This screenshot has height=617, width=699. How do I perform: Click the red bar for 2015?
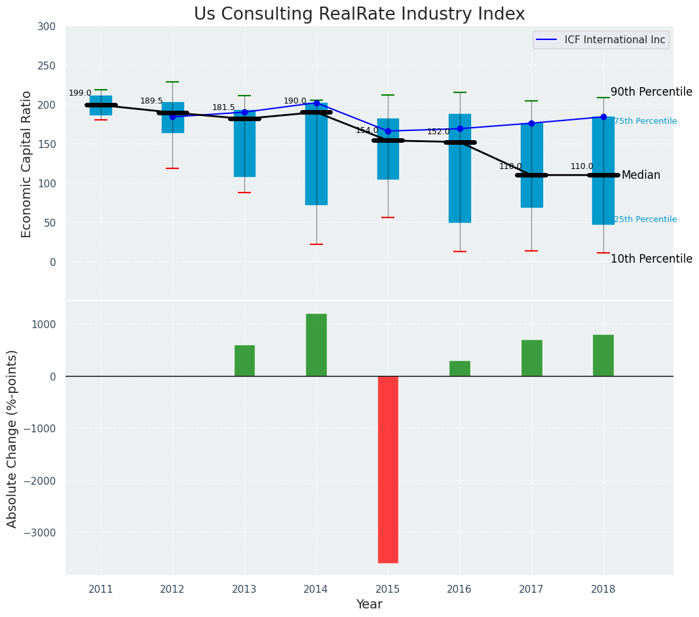388,469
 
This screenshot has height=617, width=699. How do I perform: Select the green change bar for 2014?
316,345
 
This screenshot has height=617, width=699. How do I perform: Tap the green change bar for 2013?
244,360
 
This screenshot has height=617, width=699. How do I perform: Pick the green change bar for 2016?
460,368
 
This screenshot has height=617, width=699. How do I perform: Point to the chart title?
359,14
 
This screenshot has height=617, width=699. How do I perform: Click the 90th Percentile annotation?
651,92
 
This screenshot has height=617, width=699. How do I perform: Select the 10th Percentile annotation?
651,259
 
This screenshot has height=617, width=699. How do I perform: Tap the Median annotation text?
641,175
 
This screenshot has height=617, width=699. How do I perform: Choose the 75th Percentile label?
645,121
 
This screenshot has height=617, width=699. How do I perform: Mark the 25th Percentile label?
645,219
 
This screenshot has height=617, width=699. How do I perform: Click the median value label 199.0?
80,93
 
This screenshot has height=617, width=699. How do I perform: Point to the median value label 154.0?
367,130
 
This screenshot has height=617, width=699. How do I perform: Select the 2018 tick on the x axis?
603,589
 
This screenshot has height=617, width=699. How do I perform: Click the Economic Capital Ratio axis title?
26,164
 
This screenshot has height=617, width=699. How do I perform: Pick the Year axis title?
369,605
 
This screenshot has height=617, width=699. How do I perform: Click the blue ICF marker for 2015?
388,131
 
